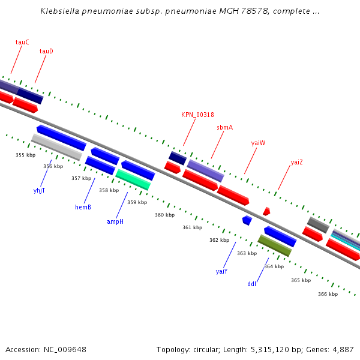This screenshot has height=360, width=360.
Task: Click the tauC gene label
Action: tap(22, 43)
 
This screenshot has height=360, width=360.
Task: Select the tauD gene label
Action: tap(46, 52)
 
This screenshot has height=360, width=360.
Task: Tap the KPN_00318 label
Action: tap(197, 115)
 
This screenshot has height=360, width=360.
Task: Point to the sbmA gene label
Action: tap(224, 127)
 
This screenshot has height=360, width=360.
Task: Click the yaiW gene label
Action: tap(258, 143)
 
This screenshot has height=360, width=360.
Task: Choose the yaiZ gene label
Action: tap(296, 162)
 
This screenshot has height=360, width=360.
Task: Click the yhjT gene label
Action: tap(39, 190)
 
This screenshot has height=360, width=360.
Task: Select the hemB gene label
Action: tap(83, 207)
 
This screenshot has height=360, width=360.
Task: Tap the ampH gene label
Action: tap(115, 221)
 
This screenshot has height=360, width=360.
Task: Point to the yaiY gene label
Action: tap(221, 271)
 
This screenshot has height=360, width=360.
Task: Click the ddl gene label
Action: tap(251, 284)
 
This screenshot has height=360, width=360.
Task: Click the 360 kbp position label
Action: tap(164, 215)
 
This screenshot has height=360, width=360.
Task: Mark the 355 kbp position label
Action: tap(25, 155)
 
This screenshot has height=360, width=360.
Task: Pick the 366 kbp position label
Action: tap(328, 294)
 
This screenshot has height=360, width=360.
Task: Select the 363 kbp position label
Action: tap(247, 253)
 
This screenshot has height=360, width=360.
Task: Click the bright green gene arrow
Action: tap(133, 179)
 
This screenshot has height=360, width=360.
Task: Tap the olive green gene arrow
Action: tap(275, 245)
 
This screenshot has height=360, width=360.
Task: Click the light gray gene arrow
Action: tap(56, 147)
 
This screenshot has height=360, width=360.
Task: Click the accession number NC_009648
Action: tap(46, 349)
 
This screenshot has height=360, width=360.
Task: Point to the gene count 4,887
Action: tap(343, 349)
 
